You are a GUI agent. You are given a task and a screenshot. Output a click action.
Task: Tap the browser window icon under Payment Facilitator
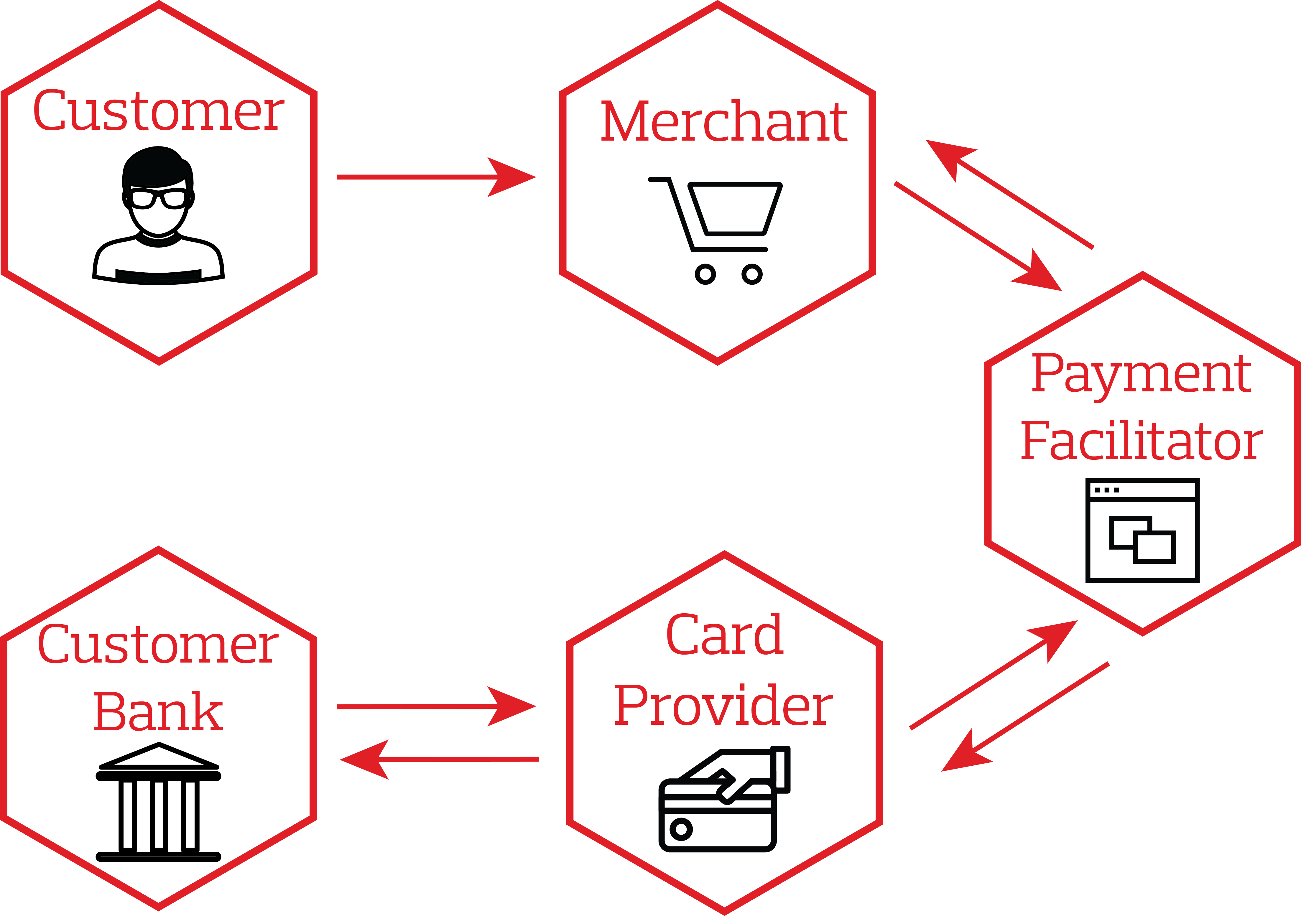(x=1142, y=530)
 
